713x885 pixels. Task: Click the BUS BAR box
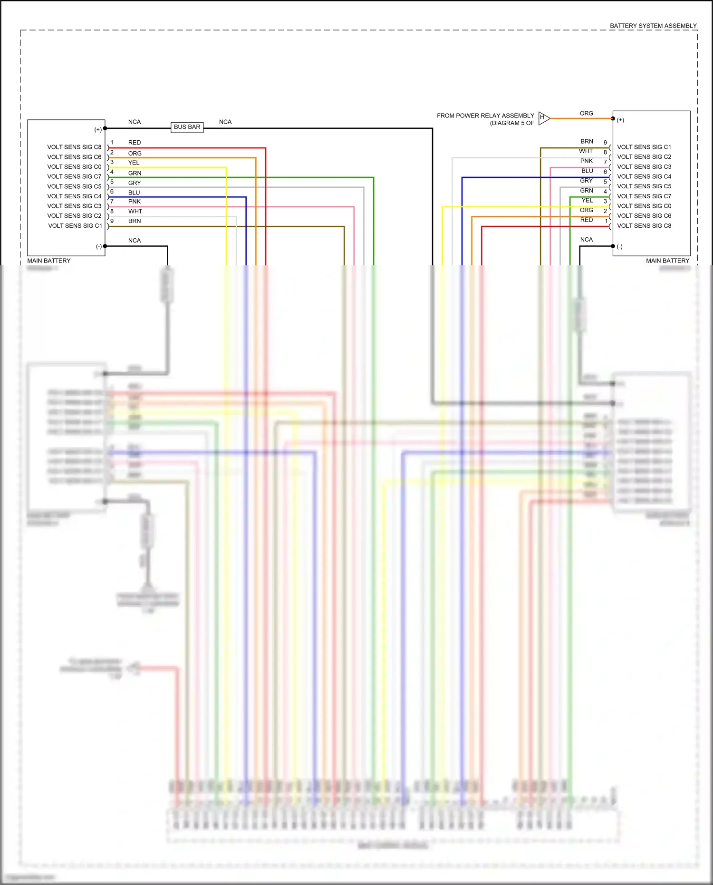coord(187,127)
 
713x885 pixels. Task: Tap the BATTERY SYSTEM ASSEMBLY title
coord(653,26)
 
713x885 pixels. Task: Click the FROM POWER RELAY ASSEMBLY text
coord(485,116)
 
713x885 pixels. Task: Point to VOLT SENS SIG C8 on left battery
coord(74,147)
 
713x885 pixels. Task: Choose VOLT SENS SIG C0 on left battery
coord(74,167)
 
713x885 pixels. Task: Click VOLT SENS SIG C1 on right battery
coord(644,147)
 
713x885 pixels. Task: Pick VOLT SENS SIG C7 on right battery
coord(644,196)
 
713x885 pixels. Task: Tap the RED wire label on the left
coord(135,143)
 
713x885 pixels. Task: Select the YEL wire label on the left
coord(134,163)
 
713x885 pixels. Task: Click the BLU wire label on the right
coord(587,171)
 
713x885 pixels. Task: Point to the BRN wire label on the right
coord(587,141)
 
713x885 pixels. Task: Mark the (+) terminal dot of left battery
coord(105,128)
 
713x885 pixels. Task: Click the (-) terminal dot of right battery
coord(613,246)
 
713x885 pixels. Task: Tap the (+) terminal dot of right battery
coord(613,118)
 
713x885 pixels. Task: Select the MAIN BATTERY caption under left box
coord(48,261)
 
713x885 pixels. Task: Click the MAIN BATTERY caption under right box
coord(667,261)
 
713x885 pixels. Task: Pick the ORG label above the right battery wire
coord(586,113)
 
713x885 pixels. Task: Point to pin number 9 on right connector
coord(605,143)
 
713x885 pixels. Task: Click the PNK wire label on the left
coord(135,202)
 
